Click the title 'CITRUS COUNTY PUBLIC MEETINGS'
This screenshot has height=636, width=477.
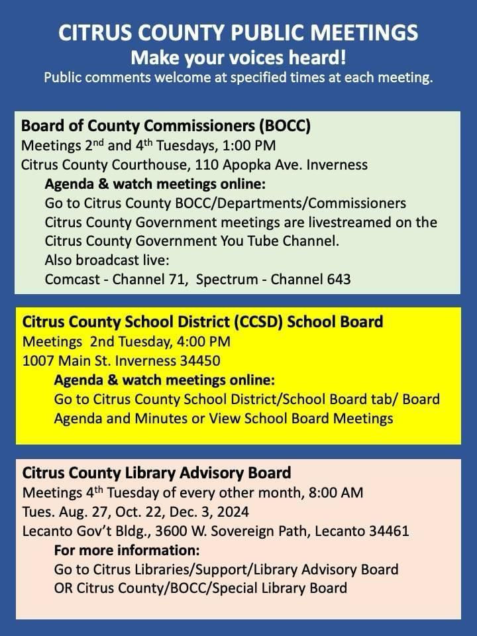tap(238, 33)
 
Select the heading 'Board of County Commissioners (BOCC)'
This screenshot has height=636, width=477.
tap(166, 126)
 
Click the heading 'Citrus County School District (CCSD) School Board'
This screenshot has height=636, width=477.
tap(203, 323)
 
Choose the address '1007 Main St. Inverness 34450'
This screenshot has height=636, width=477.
tap(121, 361)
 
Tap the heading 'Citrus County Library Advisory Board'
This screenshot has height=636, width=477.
tap(156, 473)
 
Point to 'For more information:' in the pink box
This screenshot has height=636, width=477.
tap(127, 551)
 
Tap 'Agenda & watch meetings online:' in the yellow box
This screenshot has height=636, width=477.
tap(164, 380)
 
